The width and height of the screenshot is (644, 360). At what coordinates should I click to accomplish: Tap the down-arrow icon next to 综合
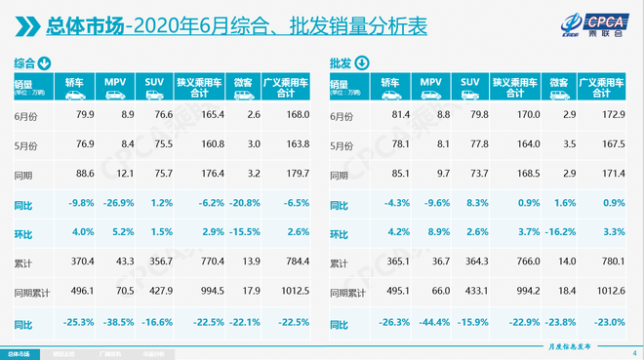coord(45,63)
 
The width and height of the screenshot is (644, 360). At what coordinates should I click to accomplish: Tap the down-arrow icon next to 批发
coord(362,63)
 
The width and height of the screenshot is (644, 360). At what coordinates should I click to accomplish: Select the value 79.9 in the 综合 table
coord(81,115)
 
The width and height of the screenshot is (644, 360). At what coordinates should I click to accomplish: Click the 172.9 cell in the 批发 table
coord(600,115)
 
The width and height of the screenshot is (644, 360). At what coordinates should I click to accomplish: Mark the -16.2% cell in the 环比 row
coord(558,234)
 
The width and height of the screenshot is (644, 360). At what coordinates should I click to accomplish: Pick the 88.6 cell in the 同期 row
coord(81,175)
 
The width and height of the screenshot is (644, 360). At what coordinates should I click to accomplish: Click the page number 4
coord(633,353)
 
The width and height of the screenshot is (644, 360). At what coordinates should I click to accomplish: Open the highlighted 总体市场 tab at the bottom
coord(20,353)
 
